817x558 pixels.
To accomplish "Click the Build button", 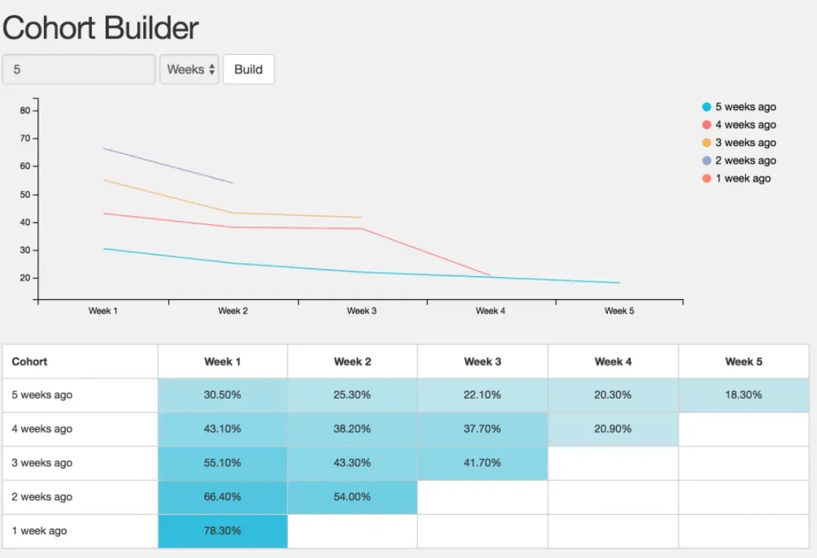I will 248,70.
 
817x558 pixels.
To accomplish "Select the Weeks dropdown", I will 189,70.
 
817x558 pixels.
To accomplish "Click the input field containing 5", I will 78,70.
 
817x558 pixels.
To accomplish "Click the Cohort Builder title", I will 100,28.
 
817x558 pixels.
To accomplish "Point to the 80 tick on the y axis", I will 25,111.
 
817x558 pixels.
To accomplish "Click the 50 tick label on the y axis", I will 25,194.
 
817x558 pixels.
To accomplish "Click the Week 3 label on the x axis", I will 362,311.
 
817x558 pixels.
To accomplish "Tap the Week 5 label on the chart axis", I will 619,311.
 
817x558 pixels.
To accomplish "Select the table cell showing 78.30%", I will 223,531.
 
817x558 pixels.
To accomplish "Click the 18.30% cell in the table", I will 744,394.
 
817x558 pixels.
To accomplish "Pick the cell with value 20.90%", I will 613,429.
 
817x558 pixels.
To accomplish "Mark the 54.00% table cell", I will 353,496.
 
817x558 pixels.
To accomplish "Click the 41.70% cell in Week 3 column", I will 483,463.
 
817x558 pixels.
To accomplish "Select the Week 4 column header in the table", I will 613,361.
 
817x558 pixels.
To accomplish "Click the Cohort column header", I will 30,361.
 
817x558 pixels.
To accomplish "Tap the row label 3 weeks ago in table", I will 43,463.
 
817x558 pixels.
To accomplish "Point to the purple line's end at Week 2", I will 232,183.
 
